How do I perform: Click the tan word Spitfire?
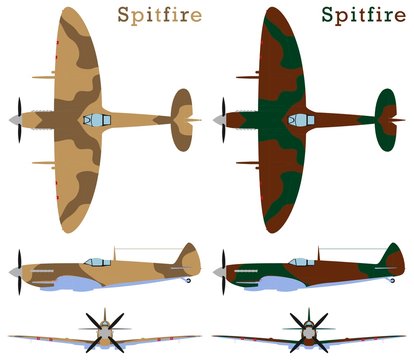click(x=159, y=15)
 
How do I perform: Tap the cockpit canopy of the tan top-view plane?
click(x=96, y=120)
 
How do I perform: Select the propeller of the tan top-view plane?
click(x=17, y=120)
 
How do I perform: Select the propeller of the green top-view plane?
click(x=224, y=120)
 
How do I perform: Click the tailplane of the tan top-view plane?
click(x=182, y=120)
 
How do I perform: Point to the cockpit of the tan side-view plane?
click(x=97, y=262)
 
